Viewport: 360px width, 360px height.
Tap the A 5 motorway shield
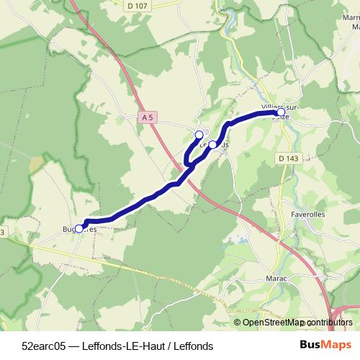click(x=148, y=117)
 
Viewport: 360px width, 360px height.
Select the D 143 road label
click(x=287, y=158)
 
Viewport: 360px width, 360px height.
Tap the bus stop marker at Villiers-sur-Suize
click(x=281, y=112)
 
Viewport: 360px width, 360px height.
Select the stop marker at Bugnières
click(x=79, y=228)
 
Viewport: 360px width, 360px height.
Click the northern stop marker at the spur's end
click(x=199, y=135)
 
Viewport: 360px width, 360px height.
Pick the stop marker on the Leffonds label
click(x=212, y=145)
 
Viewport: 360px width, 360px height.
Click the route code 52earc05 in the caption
click(x=44, y=346)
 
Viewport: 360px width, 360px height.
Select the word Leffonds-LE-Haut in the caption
click(x=117, y=346)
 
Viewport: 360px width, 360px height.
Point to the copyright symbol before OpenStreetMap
click(x=238, y=323)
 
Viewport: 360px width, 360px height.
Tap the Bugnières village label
click(x=79, y=230)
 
